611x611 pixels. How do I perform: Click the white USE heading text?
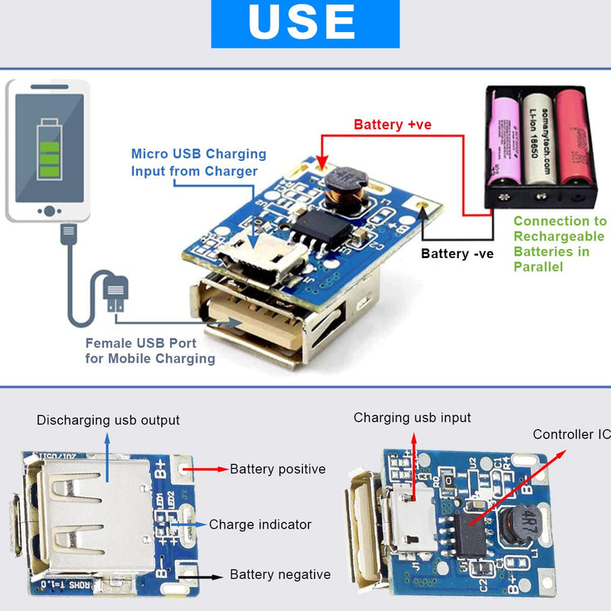point(303,22)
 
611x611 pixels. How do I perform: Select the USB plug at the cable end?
point(114,295)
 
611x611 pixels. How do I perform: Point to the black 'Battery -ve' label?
point(457,254)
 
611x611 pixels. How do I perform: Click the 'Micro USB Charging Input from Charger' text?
point(199,163)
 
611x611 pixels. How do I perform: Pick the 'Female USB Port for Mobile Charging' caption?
point(150,351)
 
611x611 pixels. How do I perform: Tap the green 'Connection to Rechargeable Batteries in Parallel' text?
point(560,244)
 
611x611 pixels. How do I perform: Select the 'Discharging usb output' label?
point(108,420)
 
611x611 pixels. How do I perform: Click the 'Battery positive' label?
point(277,469)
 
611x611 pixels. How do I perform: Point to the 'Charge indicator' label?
point(260,525)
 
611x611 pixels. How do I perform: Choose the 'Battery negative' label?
point(280,574)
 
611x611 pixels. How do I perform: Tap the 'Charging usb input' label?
point(412,418)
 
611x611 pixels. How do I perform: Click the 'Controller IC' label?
point(572,435)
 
